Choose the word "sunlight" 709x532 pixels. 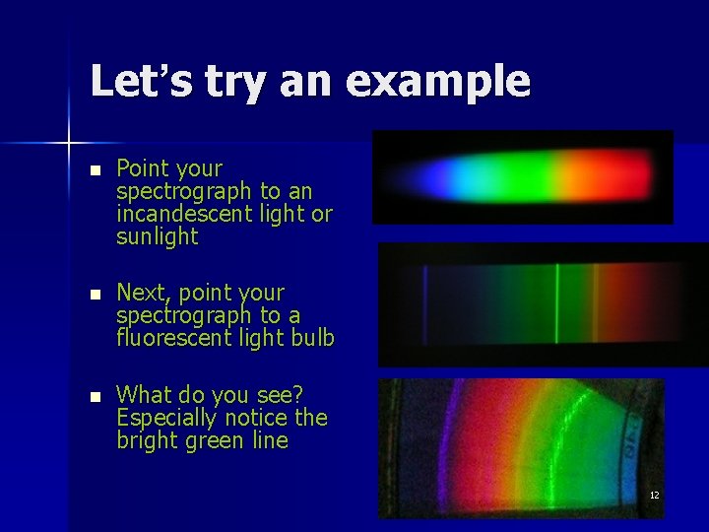click(x=157, y=236)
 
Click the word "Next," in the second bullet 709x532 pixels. click(x=144, y=294)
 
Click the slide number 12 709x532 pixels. click(x=654, y=495)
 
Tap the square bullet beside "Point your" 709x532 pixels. click(x=94, y=170)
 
